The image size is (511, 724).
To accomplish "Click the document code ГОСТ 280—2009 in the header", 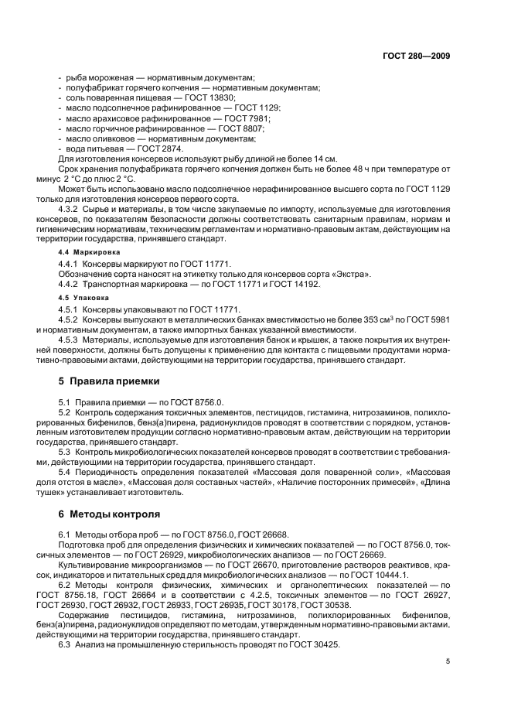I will [417, 56].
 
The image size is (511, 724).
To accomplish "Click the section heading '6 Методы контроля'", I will [109, 514].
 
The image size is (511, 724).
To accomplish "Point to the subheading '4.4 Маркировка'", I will [86, 253].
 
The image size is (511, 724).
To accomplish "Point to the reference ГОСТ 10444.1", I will [373, 575].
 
